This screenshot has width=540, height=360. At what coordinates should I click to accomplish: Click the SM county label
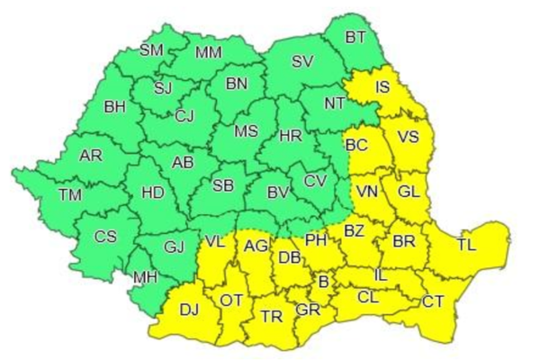pos(151,49)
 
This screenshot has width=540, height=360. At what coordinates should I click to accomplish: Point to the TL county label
pos(466,244)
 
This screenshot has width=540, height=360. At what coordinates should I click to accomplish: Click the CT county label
pos(434,301)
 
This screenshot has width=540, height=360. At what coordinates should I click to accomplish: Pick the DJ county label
pos(189,310)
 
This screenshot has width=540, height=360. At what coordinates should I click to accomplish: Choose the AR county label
pos(91,156)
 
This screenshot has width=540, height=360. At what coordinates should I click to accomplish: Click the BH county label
pos(115,107)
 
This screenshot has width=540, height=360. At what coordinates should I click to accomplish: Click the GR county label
pos(309,309)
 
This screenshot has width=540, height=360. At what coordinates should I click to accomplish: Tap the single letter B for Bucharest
pos(323,283)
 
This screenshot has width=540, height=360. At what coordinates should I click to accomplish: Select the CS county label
pos(105,237)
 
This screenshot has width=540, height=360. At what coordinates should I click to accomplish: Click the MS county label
pos(246,131)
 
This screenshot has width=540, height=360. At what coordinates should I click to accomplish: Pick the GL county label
pos(407,192)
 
